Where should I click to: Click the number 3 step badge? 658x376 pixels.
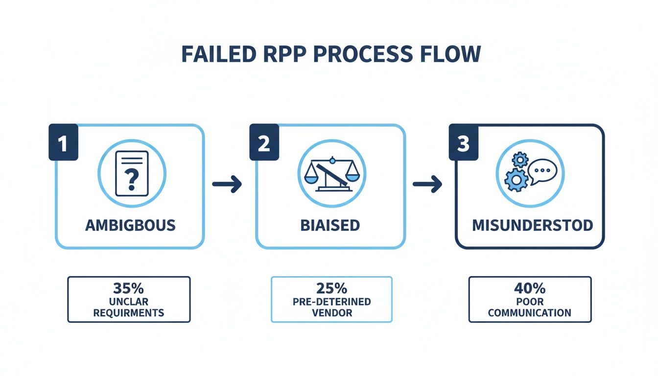pyautogui.click(x=464, y=143)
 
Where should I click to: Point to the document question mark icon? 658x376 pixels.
pyautogui.click(x=131, y=173)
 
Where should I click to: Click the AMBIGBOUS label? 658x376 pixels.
pyautogui.click(x=130, y=225)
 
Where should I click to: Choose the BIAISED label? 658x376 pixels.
pyautogui.click(x=330, y=225)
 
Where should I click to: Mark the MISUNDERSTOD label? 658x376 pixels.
pyautogui.click(x=532, y=225)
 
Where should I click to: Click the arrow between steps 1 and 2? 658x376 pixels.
pyautogui.click(x=227, y=184)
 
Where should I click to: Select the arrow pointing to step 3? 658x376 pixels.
pyautogui.click(x=427, y=184)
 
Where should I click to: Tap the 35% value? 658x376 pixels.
pyautogui.click(x=129, y=287)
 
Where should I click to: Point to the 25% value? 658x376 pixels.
pyautogui.click(x=331, y=287)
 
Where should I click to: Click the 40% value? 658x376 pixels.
pyautogui.click(x=530, y=287)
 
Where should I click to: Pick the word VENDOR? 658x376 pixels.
pyautogui.click(x=331, y=313)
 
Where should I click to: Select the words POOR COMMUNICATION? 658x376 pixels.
pyautogui.click(x=530, y=307)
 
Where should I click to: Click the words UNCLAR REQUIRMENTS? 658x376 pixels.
pyautogui.click(x=129, y=307)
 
